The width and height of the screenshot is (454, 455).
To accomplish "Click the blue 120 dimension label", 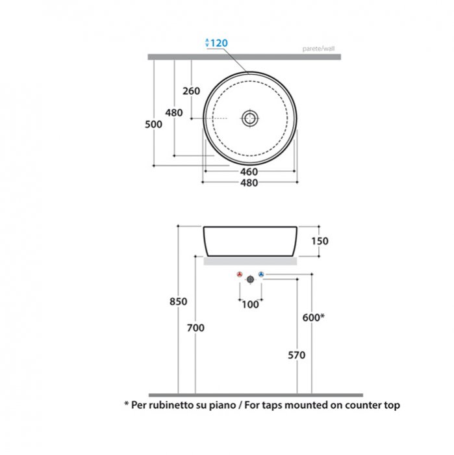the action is [x=219, y=44].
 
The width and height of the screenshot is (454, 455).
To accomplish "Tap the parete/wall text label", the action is [x=318, y=49].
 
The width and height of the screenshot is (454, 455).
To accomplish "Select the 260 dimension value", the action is [x=192, y=91].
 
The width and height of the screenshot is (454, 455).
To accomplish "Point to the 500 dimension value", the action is [x=154, y=125].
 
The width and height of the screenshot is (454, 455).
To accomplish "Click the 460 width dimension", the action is [x=249, y=172].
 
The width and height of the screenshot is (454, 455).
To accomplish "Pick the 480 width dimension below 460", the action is [x=249, y=183].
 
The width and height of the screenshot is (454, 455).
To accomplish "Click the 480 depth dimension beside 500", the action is [x=174, y=112].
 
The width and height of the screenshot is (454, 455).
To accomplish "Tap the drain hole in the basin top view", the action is [x=249, y=118].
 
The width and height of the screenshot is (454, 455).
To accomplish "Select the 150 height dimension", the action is [x=320, y=241].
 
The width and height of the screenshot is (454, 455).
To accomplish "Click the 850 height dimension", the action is [x=179, y=302].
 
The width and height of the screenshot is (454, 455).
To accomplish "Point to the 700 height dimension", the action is [x=195, y=328].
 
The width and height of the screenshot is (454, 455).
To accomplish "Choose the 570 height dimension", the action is [x=297, y=355].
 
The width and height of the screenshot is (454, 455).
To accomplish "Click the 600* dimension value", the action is [x=314, y=317].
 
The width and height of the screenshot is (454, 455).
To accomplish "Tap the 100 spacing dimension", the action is [x=250, y=305].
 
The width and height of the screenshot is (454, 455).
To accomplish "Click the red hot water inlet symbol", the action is [x=240, y=274].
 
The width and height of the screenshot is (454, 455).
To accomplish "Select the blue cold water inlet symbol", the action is [x=261, y=274].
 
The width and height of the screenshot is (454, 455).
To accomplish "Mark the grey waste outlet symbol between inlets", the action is [x=251, y=279].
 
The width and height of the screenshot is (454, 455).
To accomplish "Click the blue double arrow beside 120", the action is [x=207, y=43].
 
